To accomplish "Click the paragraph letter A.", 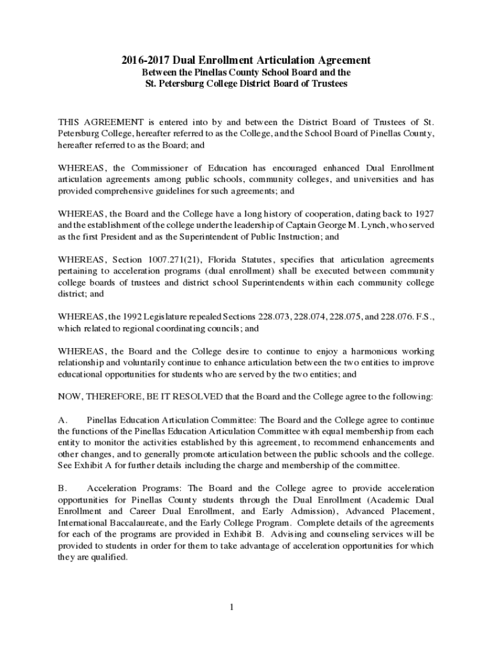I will (62, 420).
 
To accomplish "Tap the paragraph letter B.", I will (62, 489).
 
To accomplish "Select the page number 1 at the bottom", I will (233, 606).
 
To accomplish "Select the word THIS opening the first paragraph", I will (69, 123).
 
